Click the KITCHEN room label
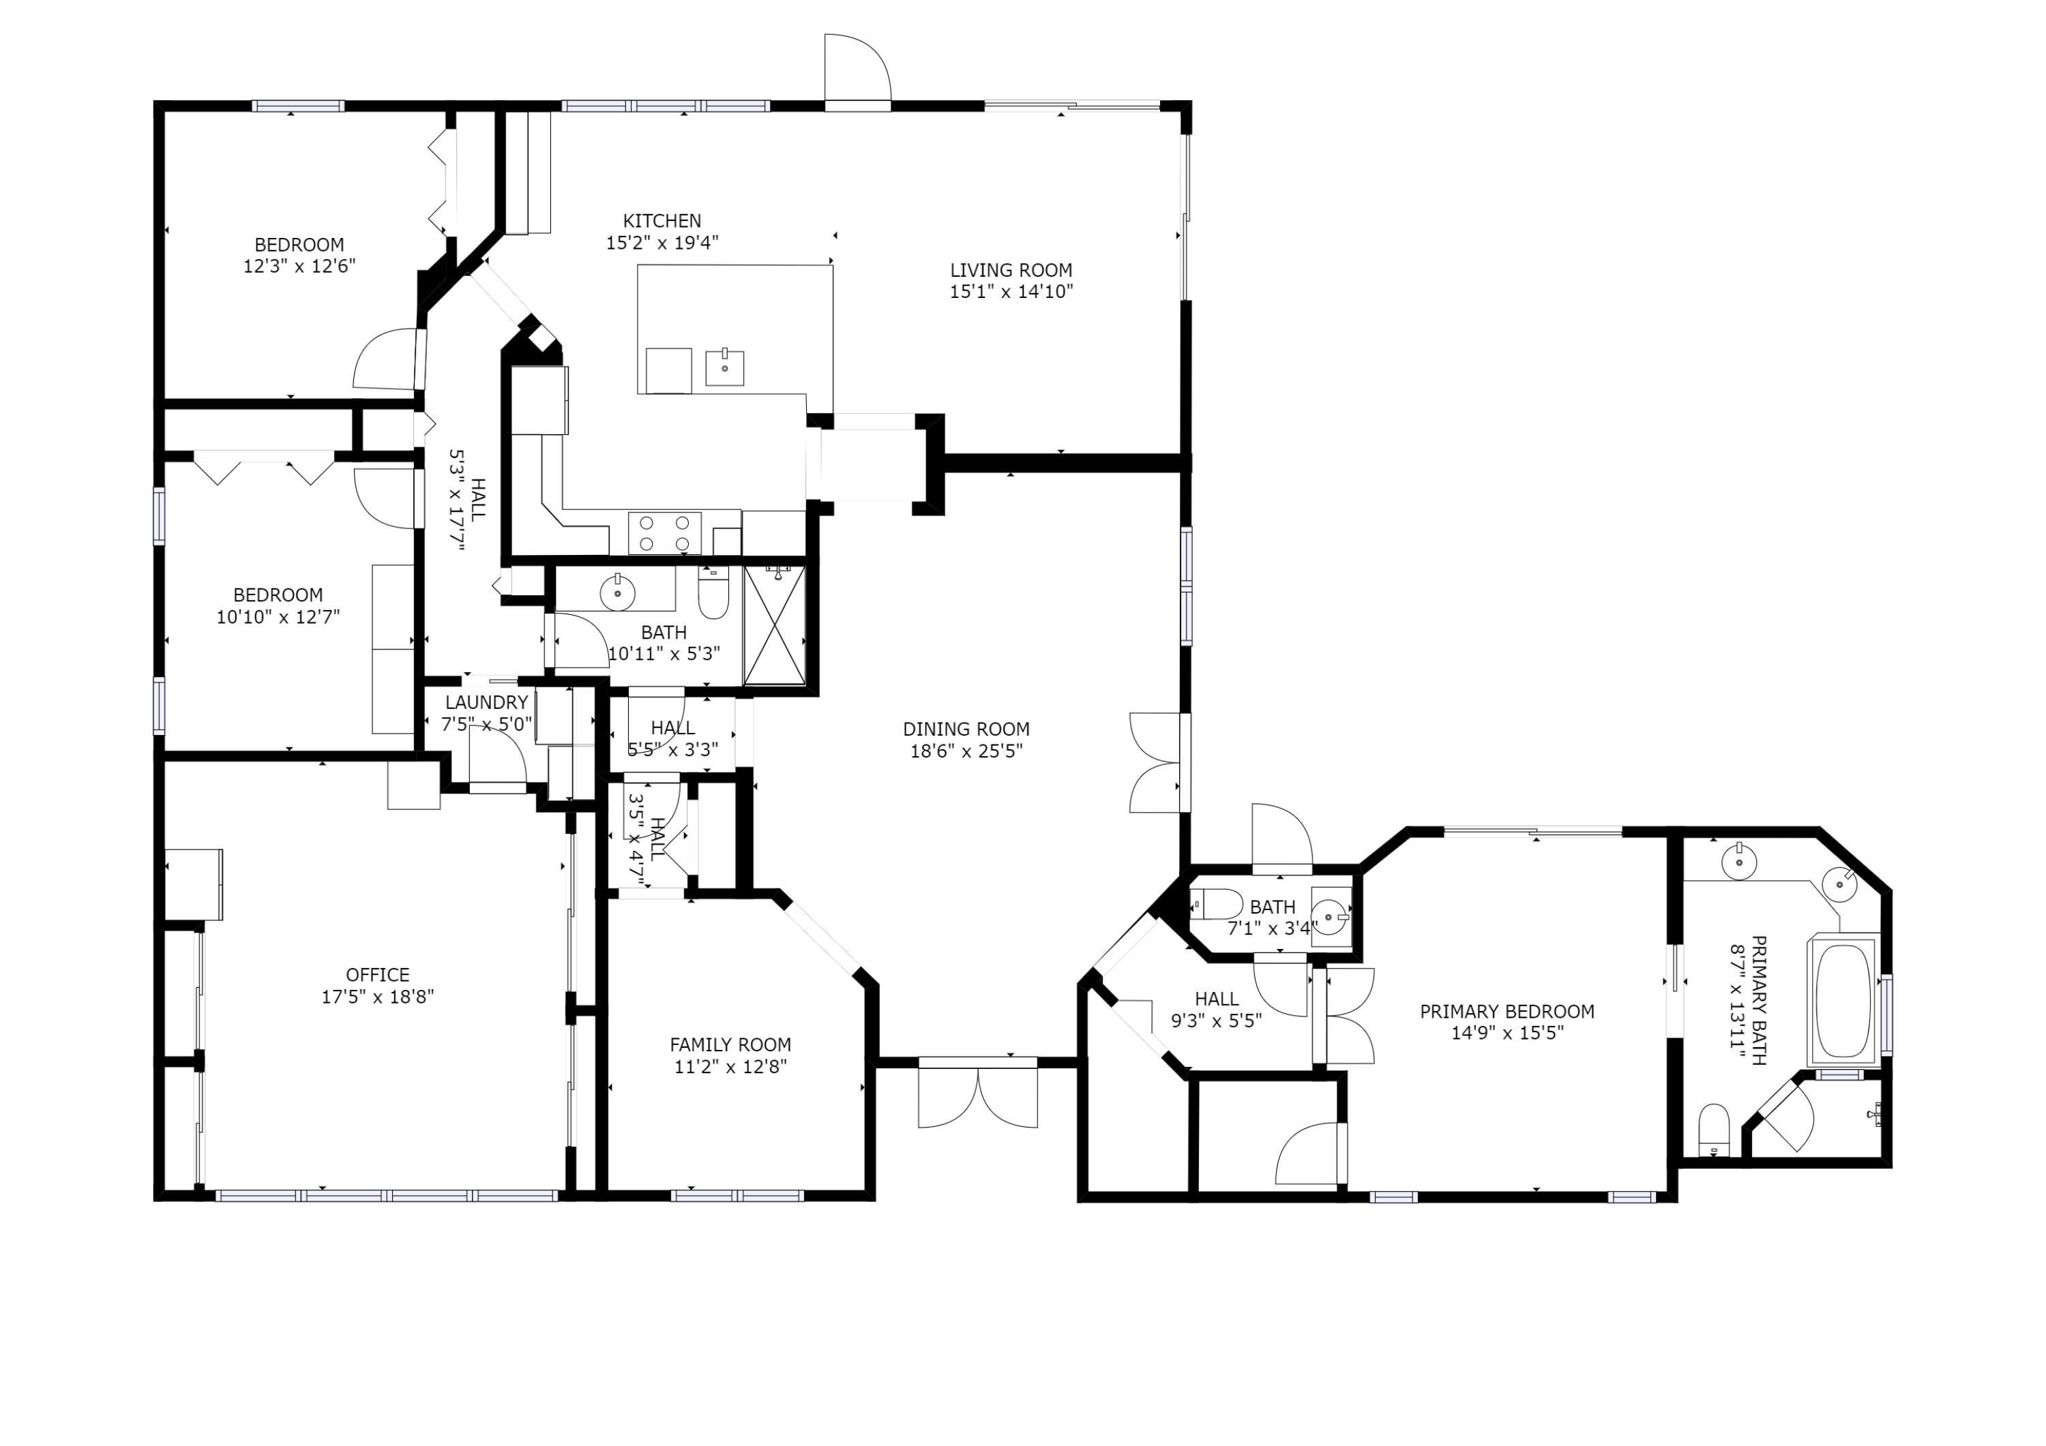click(662, 221)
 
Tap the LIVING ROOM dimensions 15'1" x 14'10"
click(1011, 291)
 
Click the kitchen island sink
click(724, 367)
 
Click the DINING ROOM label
click(966, 729)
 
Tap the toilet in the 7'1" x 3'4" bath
click(1217, 904)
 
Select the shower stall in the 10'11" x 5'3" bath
click(774, 624)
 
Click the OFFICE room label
click(378, 975)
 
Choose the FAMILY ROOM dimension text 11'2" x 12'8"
click(730, 1066)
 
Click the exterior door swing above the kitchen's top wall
click(857, 70)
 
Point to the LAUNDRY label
click(486, 702)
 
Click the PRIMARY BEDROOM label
click(1507, 1011)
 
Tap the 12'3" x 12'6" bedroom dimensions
click(299, 265)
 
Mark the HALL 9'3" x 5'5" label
click(1217, 999)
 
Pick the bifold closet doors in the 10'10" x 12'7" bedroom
click(264, 468)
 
